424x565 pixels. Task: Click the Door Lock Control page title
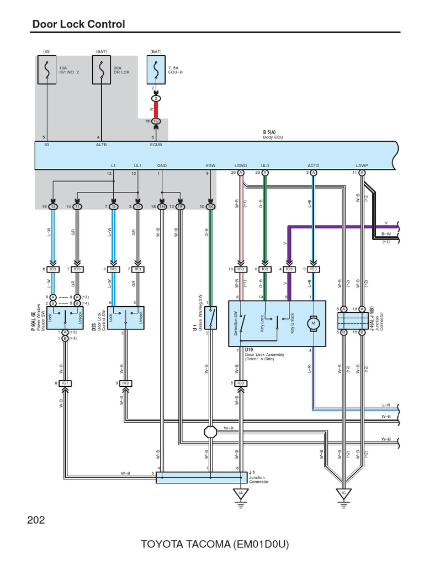[78, 24]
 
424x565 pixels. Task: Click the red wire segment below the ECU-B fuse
[156, 109]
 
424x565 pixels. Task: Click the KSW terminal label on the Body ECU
[210, 165]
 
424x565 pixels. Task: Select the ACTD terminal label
[314, 165]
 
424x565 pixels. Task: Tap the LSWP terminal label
[362, 165]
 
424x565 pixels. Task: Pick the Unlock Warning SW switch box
[211, 318]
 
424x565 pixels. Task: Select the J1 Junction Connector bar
[202, 477]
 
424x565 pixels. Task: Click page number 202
[35, 520]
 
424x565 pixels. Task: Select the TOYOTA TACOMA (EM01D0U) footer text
[215, 545]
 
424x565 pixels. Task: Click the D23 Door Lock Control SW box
[125, 317]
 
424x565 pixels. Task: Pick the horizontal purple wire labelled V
[342, 226]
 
